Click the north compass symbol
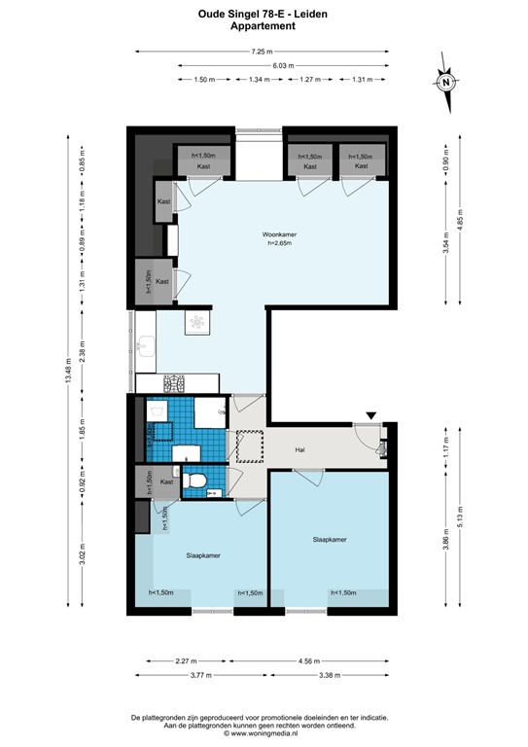(x=446, y=82)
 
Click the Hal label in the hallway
(x=301, y=450)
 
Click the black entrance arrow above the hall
(x=371, y=416)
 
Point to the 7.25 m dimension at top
(x=263, y=51)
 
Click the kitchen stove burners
(x=176, y=382)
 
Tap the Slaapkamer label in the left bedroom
(x=203, y=555)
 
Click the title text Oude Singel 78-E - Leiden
(x=263, y=15)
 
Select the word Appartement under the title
(x=263, y=27)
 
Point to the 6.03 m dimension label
(x=284, y=65)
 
